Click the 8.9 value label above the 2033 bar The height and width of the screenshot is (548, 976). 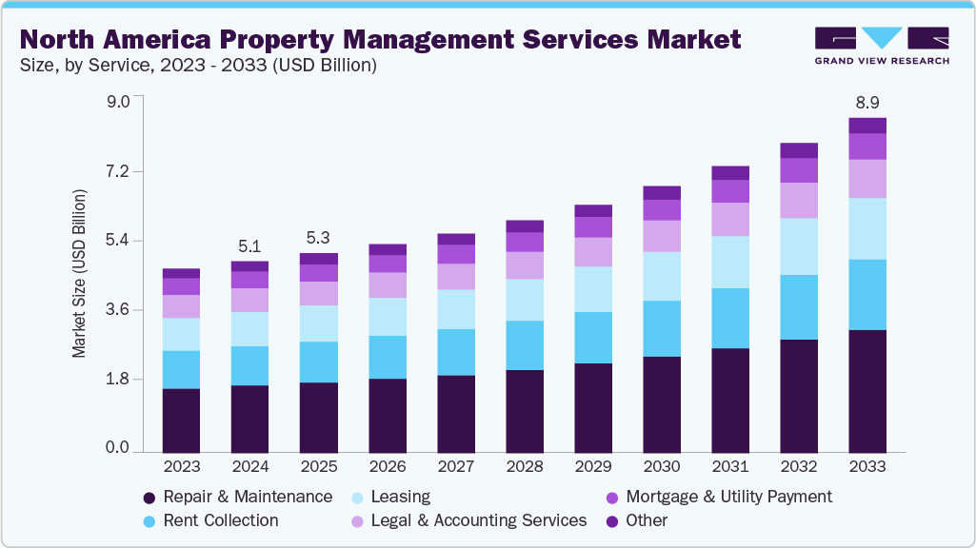(867, 102)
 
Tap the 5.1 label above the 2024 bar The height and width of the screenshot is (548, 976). (249, 245)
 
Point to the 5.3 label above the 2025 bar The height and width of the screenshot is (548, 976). (319, 237)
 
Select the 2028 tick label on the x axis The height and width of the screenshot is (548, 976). (525, 467)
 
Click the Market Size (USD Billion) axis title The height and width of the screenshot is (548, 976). (80, 274)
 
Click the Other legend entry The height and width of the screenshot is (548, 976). (647, 520)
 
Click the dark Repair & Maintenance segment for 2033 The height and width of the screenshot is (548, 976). (867, 390)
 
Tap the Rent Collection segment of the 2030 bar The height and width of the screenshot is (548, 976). (662, 328)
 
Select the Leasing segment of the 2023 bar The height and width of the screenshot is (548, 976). (181, 334)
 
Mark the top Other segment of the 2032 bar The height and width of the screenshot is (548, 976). (799, 150)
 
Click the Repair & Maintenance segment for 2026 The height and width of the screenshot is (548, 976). (388, 415)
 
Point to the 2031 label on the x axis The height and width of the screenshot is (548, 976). (730, 467)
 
